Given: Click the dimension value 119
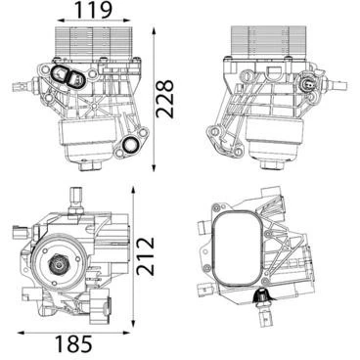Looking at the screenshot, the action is [x=94, y=10].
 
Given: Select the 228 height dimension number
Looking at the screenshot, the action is [x=164, y=99].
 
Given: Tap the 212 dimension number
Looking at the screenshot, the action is [x=145, y=255].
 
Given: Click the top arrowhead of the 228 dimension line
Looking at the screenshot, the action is [x=154, y=31].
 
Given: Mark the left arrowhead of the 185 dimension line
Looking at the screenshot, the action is [x=22, y=333].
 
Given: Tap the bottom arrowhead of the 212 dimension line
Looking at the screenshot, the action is [x=133, y=323].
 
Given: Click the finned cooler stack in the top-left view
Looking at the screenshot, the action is [x=94, y=43].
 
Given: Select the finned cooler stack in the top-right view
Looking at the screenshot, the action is [x=268, y=42].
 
